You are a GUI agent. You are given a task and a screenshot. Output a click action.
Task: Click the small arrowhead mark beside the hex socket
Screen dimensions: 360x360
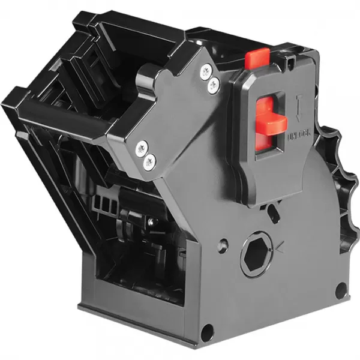coord(277,245)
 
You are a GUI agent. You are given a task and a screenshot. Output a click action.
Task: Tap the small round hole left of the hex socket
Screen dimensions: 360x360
coord(223,245)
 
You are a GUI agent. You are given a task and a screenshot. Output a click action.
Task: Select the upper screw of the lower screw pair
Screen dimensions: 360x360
coord(142,145)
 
